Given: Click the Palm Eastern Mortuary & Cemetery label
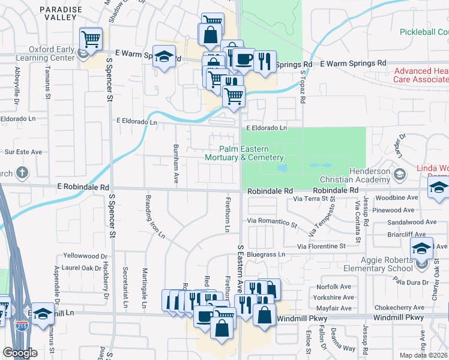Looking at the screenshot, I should tap(244, 153).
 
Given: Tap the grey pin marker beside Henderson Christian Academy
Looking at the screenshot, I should tap(401, 175).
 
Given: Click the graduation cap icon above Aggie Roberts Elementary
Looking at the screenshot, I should tap(422, 248).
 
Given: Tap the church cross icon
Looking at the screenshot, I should tap(22, 173).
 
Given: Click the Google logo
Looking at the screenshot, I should tap(19, 353).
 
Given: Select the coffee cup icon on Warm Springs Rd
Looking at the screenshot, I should tap(244, 59).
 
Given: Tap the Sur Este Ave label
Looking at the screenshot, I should tap(23, 152).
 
